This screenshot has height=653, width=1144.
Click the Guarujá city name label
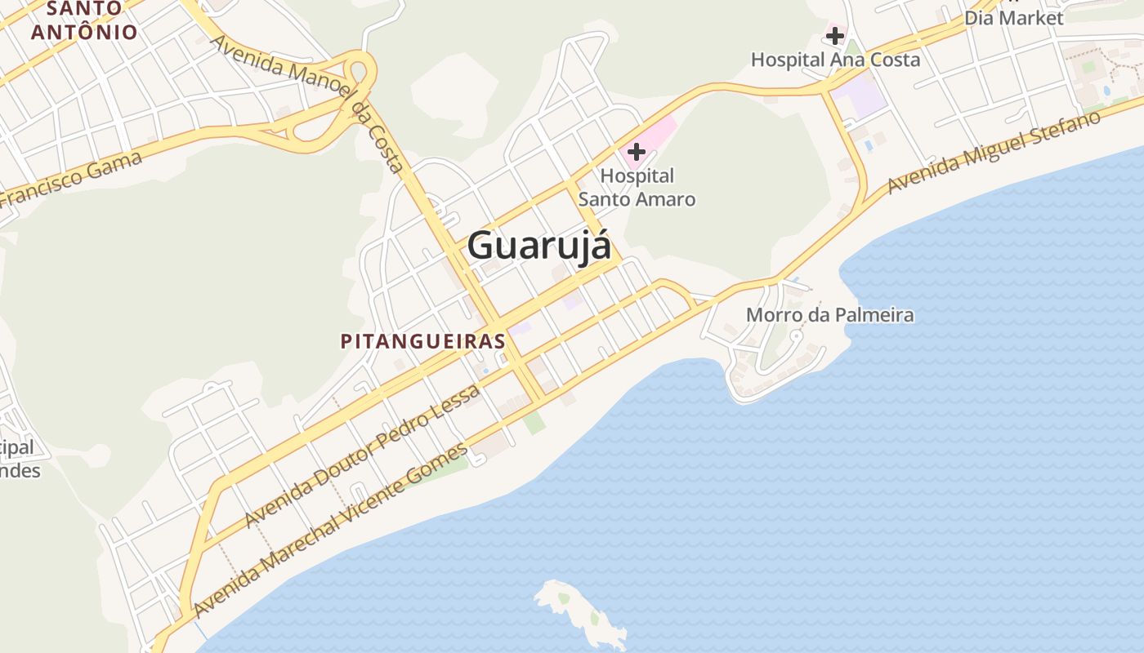point(539,245)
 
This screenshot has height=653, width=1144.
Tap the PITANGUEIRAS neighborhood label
point(423,341)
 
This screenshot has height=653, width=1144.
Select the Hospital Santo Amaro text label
point(637,187)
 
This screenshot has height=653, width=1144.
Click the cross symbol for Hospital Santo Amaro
point(637,151)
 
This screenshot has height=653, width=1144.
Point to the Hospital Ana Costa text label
point(835,60)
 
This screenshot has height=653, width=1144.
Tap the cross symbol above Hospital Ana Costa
point(834,36)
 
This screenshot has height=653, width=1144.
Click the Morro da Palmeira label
point(829,315)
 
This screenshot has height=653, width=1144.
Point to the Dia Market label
point(1013,18)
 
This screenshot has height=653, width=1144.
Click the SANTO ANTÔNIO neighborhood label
point(84,21)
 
